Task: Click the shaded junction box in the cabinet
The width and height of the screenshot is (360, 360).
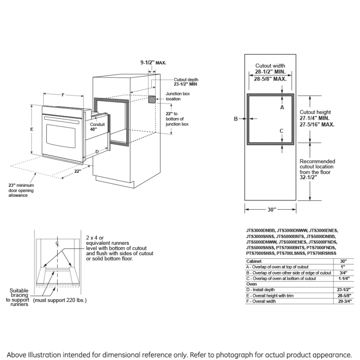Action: click(x=153, y=99)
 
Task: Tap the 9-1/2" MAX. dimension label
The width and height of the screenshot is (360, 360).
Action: click(x=153, y=63)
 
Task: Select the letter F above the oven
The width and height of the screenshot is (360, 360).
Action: click(x=63, y=94)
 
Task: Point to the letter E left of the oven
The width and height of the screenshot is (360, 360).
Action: click(x=31, y=129)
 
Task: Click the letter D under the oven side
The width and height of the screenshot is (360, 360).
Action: click(x=97, y=152)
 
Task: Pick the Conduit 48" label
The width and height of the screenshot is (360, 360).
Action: click(x=97, y=126)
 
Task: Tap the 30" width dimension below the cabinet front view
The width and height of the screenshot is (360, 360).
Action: click(x=270, y=209)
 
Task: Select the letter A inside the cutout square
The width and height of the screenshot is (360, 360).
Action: click(x=282, y=108)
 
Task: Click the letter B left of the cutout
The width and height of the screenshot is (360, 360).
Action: click(x=235, y=119)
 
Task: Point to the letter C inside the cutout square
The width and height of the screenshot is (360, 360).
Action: click(x=282, y=131)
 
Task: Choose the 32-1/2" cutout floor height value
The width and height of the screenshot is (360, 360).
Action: click(x=309, y=177)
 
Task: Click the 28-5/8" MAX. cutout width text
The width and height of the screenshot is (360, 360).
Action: click(x=270, y=78)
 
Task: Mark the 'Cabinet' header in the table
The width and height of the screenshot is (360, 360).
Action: click(x=253, y=261)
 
